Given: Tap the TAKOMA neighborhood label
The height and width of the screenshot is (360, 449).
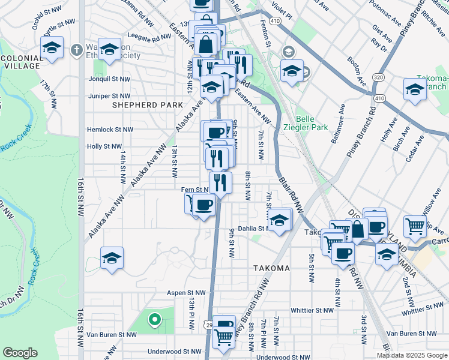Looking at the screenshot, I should point(271,268).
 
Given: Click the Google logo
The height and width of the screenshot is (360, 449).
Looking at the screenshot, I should point(20,353).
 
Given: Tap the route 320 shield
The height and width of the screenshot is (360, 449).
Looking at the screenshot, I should point(378,77).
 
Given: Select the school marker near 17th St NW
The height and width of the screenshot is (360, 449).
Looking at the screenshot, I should point(52,47).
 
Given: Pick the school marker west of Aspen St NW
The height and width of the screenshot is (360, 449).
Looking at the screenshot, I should point(112,258).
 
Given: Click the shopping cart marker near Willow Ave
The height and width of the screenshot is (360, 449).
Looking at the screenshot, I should point(415,226).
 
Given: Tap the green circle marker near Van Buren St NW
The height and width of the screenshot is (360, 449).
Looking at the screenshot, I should point(154,320).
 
